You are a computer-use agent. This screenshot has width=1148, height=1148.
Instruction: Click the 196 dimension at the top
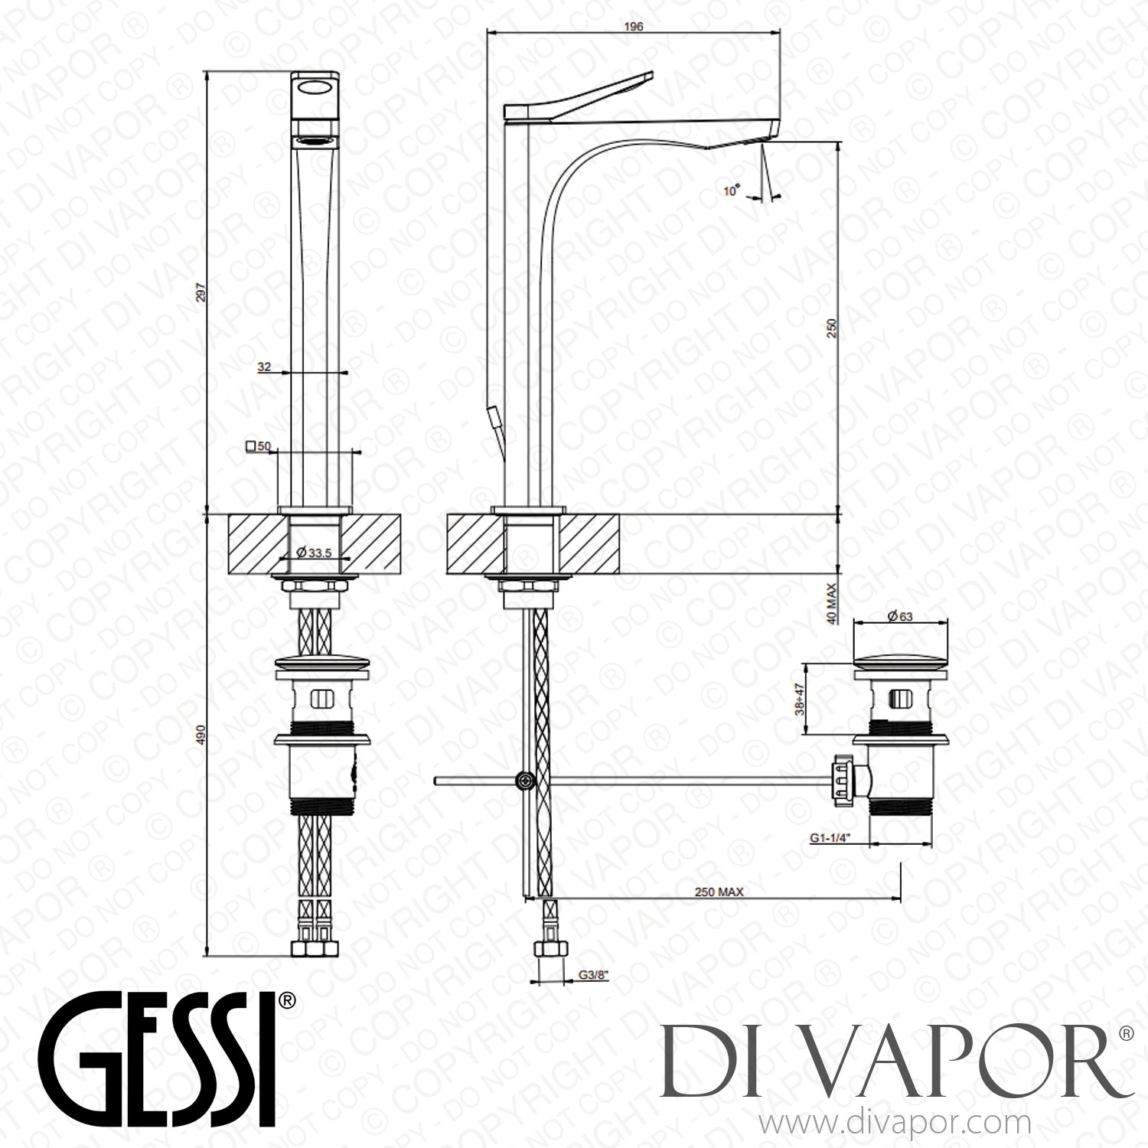[x=634, y=26]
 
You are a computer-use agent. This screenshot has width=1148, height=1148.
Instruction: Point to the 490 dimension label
[x=201, y=735]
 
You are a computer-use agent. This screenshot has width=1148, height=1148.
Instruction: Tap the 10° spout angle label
[x=732, y=191]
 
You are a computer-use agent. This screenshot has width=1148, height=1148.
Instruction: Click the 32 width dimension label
[x=264, y=367]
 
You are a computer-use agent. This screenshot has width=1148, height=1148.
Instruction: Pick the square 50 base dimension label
[x=259, y=446]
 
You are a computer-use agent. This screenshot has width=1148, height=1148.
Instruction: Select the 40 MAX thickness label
[x=832, y=603]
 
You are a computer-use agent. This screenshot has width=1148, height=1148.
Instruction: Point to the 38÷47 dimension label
[x=800, y=699]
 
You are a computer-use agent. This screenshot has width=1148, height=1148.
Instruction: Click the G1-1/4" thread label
[x=833, y=839]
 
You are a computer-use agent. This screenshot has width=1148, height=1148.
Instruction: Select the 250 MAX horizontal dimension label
[x=718, y=892]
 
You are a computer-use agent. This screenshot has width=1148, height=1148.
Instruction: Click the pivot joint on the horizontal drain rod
[x=525, y=781]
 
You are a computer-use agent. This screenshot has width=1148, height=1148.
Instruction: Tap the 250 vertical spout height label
[x=833, y=328]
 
